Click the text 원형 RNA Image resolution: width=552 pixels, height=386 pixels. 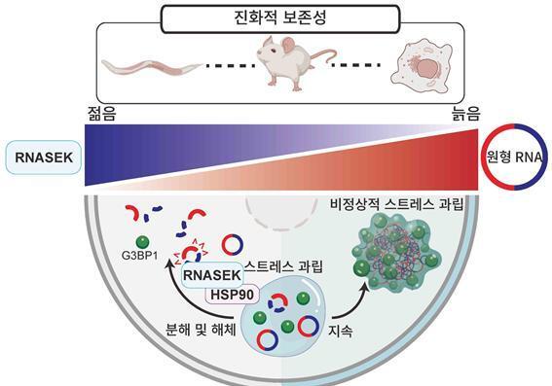517,157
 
